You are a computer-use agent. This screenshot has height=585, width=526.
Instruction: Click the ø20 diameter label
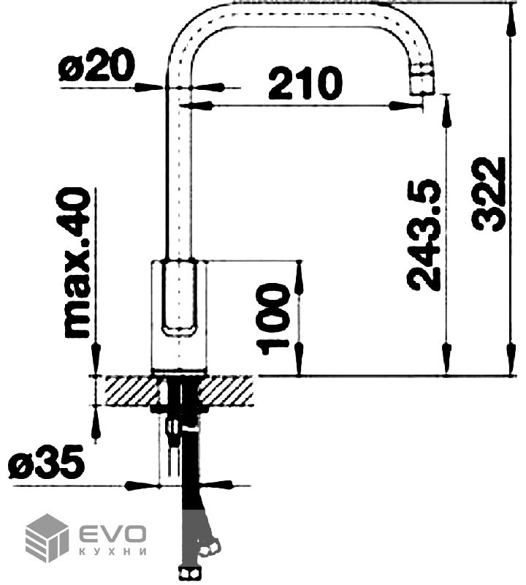(96, 66)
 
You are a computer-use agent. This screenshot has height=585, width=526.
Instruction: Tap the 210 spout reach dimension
(305, 83)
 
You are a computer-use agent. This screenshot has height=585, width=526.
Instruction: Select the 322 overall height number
(487, 194)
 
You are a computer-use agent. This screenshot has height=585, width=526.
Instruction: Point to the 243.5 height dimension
(424, 235)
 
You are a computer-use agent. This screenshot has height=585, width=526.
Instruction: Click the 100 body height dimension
(273, 318)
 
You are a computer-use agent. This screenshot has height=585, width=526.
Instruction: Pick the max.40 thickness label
(77, 263)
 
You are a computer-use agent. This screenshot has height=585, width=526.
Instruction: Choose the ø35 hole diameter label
(47, 462)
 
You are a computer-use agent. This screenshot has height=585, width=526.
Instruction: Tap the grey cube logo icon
(47, 537)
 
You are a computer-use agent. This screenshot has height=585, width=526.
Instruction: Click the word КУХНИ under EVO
(113, 552)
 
